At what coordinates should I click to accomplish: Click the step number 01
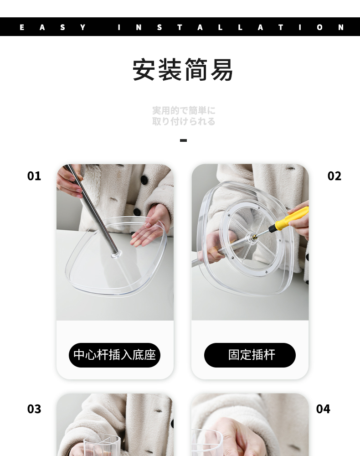tap(34, 176)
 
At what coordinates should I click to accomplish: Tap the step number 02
tap(334, 176)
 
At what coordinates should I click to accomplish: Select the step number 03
tap(34, 409)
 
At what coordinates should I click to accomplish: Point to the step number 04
tap(323, 409)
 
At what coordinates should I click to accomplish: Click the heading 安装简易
tap(183, 70)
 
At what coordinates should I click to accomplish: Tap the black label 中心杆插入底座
tap(114, 355)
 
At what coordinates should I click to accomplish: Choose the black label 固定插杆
tap(250, 355)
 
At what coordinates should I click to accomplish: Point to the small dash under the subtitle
tap(183, 140)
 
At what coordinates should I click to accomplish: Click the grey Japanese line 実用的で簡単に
tap(184, 110)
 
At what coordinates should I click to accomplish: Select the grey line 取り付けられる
tap(184, 121)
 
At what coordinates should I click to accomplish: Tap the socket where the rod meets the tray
tap(116, 255)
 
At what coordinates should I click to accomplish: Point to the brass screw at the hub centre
tap(255, 237)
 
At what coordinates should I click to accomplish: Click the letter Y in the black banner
tap(83, 27)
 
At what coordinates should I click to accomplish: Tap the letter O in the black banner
tap(319, 27)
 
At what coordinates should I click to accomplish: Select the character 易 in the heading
tap(221, 70)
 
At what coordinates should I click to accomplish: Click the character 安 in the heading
tap(144, 70)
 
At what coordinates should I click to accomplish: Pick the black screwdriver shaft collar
tap(273, 228)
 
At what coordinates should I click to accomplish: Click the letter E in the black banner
tap(22, 27)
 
